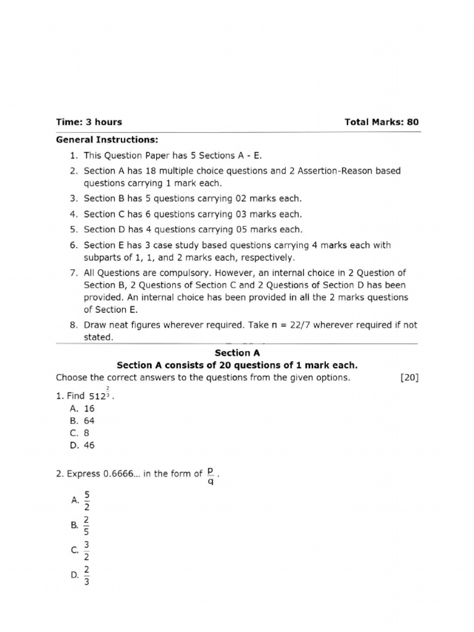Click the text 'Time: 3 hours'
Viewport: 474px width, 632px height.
coord(89,122)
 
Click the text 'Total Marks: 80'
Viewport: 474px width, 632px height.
coord(381,122)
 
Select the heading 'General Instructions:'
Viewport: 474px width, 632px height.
coord(99,140)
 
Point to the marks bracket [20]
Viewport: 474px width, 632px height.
coord(409,378)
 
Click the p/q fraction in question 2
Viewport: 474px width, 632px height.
coord(210,476)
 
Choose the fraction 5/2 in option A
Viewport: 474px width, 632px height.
coord(86,501)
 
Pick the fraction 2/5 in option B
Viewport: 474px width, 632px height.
coord(86,525)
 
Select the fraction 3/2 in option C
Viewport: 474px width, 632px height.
coord(86,550)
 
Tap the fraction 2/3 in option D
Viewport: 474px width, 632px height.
coord(86,575)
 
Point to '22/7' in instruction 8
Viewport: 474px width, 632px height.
coord(289,325)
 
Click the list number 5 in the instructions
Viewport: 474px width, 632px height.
coord(72,230)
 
